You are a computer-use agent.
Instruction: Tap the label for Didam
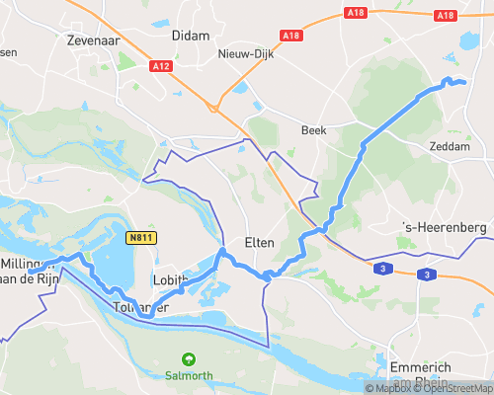point(191,36)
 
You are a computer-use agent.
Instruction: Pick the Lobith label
point(171,280)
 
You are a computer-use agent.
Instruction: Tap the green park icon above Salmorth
point(188,360)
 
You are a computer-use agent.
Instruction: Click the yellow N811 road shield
point(140,237)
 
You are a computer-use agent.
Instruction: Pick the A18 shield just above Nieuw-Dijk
point(290,36)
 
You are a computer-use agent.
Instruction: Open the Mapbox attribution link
point(387,388)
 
